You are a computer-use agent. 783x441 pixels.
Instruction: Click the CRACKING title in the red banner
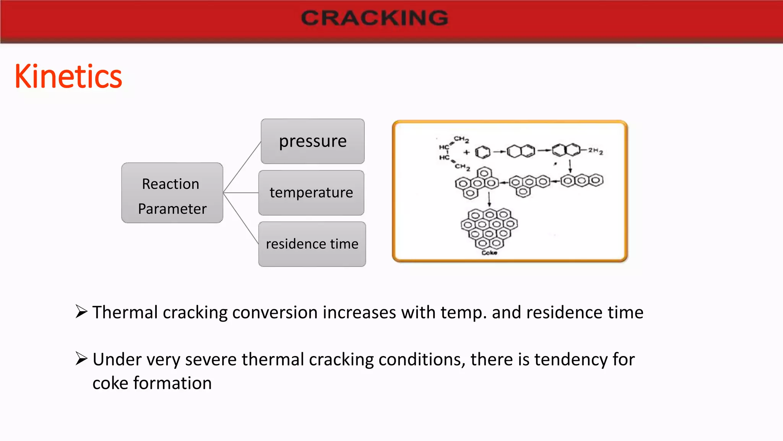tap(374, 18)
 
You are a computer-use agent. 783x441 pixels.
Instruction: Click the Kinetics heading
tap(68, 77)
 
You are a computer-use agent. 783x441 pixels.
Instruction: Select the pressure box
tap(312, 141)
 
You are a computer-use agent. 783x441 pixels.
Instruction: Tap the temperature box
tap(311, 193)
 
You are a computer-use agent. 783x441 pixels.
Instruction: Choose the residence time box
tap(312, 244)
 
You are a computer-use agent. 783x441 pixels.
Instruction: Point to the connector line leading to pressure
tap(242, 167)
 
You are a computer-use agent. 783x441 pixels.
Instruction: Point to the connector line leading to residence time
tap(241, 218)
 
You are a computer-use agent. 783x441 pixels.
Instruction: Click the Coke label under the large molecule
tap(489, 253)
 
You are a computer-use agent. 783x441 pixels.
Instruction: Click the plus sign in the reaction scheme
tap(466, 152)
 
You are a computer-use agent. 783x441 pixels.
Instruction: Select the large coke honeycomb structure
tap(489, 229)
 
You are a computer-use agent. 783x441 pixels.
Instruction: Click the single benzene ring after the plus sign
tap(482, 152)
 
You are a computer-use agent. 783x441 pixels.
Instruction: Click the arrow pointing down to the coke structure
tap(489, 199)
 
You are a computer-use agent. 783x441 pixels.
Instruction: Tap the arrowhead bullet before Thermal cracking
tap(81, 312)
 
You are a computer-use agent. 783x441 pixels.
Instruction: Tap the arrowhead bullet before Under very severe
tap(81, 359)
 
